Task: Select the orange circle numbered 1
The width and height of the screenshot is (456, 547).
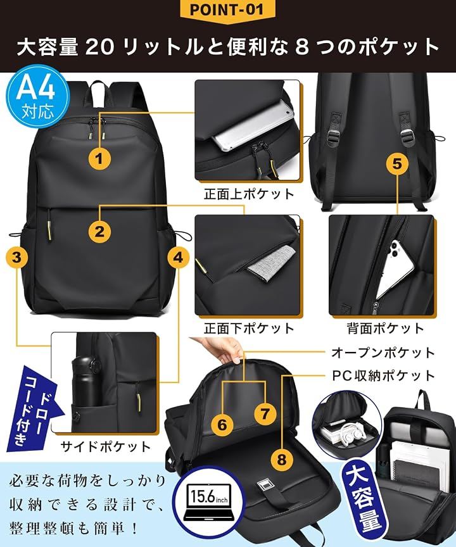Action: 99,159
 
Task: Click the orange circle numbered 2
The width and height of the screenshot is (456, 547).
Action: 99,232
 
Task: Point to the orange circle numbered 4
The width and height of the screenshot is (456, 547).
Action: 178,258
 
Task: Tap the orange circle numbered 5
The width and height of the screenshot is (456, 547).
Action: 397,163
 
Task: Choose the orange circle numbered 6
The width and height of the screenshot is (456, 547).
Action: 222,425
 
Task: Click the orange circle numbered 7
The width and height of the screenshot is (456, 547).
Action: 265,414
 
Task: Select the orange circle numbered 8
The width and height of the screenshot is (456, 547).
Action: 282,459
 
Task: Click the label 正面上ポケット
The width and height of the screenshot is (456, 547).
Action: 249,194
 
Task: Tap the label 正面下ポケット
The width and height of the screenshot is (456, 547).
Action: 249,329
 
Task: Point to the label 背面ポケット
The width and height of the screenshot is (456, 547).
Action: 385,329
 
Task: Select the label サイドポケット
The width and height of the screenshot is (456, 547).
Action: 105,446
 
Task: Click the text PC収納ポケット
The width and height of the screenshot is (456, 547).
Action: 383,375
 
